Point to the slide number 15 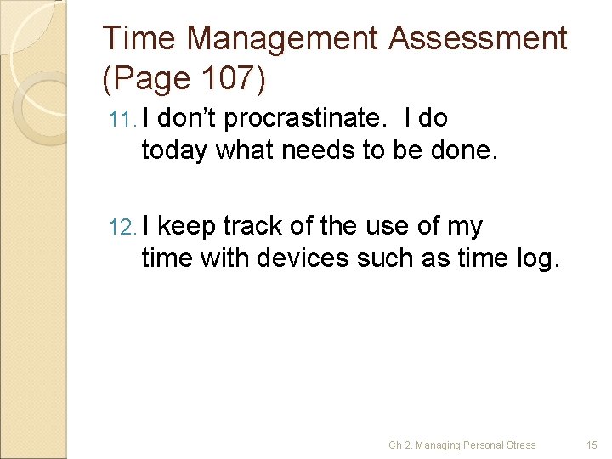click(x=592, y=445)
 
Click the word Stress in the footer click(x=521, y=445)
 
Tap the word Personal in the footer click(x=483, y=445)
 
